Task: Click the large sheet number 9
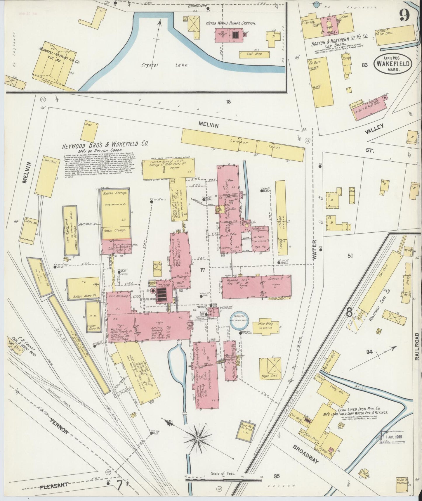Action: [x=405, y=15]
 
